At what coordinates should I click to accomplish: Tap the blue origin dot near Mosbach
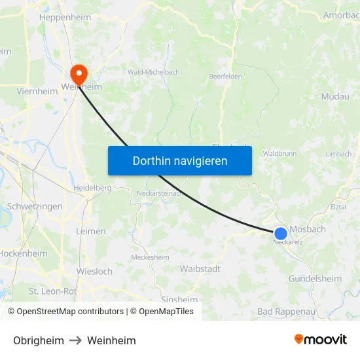[x=281, y=233]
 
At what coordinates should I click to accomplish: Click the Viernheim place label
[x=37, y=92]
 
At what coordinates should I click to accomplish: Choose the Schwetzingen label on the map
[x=35, y=206]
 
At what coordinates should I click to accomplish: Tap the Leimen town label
[x=90, y=231]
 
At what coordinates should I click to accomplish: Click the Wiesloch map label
[x=94, y=271]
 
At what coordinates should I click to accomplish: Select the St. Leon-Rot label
[x=52, y=291]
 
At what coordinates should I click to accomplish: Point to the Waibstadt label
[x=200, y=268]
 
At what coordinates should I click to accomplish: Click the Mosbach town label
[x=308, y=229]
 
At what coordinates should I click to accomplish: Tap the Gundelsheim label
[x=315, y=279]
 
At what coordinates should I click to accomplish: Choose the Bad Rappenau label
[x=286, y=312]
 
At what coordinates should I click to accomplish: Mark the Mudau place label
[x=335, y=96]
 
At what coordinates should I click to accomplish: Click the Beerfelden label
[x=225, y=77]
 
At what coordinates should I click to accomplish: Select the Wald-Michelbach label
[x=154, y=72]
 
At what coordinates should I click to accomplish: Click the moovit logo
[x=320, y=340]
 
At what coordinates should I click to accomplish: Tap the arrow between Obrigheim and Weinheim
[x=75, y=340]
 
